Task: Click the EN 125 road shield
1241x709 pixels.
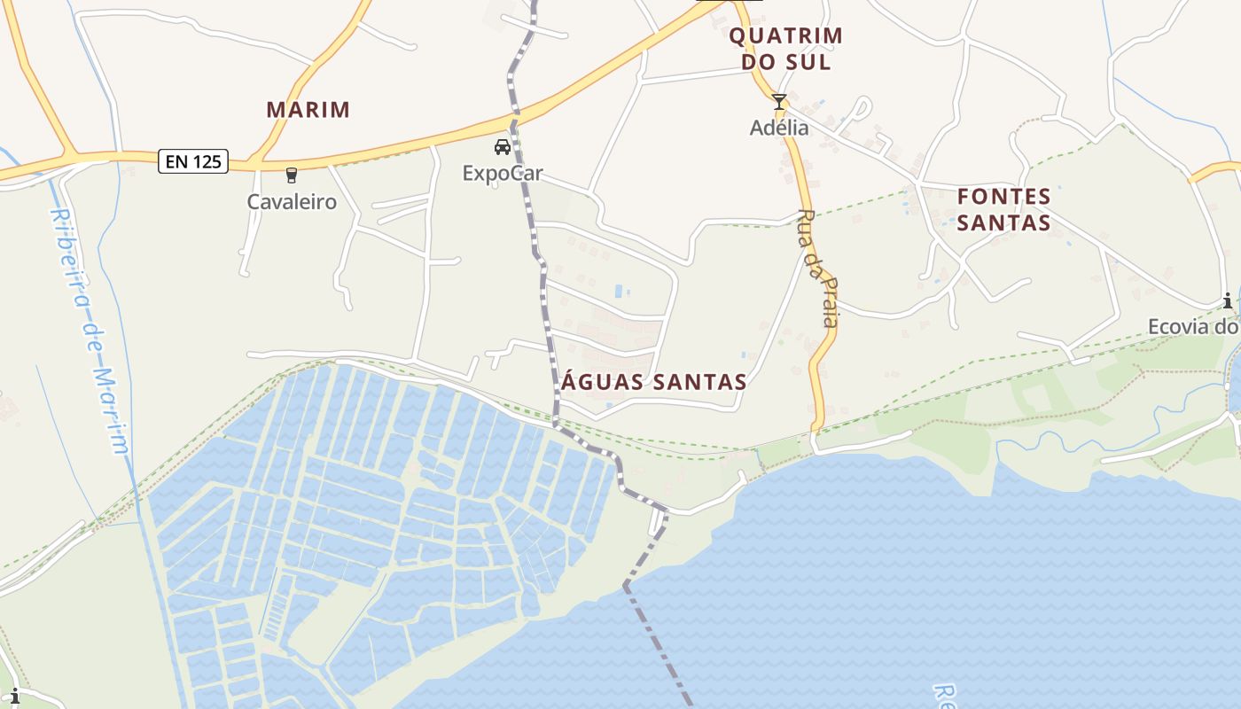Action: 193,161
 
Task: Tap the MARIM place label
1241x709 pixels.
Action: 308,110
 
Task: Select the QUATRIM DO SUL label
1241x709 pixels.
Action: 785,49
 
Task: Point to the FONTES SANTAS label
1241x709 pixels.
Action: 1004,209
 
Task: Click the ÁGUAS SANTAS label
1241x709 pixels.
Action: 653,382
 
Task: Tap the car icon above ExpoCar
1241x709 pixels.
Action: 503,147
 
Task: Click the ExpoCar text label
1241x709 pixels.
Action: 503,173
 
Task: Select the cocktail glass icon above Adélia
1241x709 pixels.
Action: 779,102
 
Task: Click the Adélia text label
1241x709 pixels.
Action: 779,128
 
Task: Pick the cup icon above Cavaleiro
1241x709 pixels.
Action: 292,175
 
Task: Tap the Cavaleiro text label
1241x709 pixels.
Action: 292,201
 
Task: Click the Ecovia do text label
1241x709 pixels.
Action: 1192,327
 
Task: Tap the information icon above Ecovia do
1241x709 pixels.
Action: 1228,301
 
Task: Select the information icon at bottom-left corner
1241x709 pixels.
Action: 13,697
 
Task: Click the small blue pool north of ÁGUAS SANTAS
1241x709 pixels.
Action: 619,291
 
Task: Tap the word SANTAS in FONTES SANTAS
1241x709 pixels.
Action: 1004,222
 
